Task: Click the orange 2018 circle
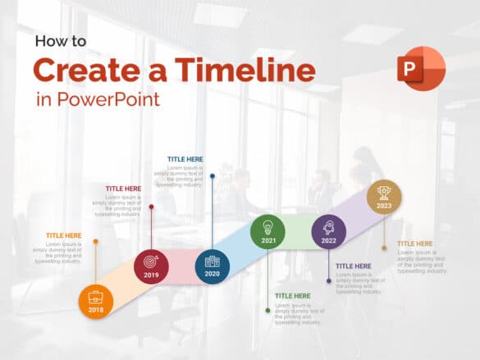[x=96, y=301]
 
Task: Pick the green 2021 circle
[x=267, y=231]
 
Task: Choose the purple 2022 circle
[x=329, y=231]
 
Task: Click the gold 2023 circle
[x=384, y=197]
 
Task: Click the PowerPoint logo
[x=421, y=69]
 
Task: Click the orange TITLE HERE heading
[x=64, y=235]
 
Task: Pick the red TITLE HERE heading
[x=123, y=189]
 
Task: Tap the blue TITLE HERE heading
[x=185, y=159]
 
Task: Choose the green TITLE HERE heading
[x=293, y=295]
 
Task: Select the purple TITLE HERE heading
[x=354, y=266]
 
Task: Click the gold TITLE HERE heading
[x=415, y=244]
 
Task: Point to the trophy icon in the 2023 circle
[x=384, y=192]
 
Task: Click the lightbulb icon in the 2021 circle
[x=267, y=226]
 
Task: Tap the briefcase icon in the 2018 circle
[x=96, y=296]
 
